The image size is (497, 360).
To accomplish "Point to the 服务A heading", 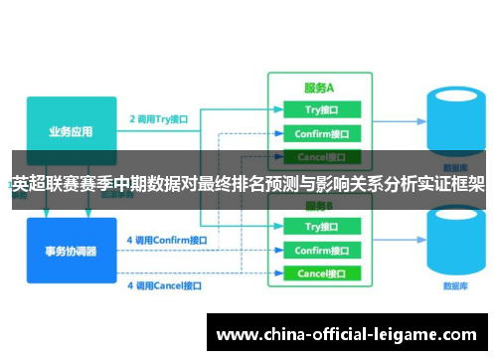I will pyautogui.click(x=318, y=87).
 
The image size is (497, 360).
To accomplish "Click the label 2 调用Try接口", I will pyautogui.click(x=158, y=118).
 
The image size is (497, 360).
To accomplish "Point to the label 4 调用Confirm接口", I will pyautogui.click(x=167, y=240).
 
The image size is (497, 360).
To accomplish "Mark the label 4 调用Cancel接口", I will pyautogui.click(x=164, y=285).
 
